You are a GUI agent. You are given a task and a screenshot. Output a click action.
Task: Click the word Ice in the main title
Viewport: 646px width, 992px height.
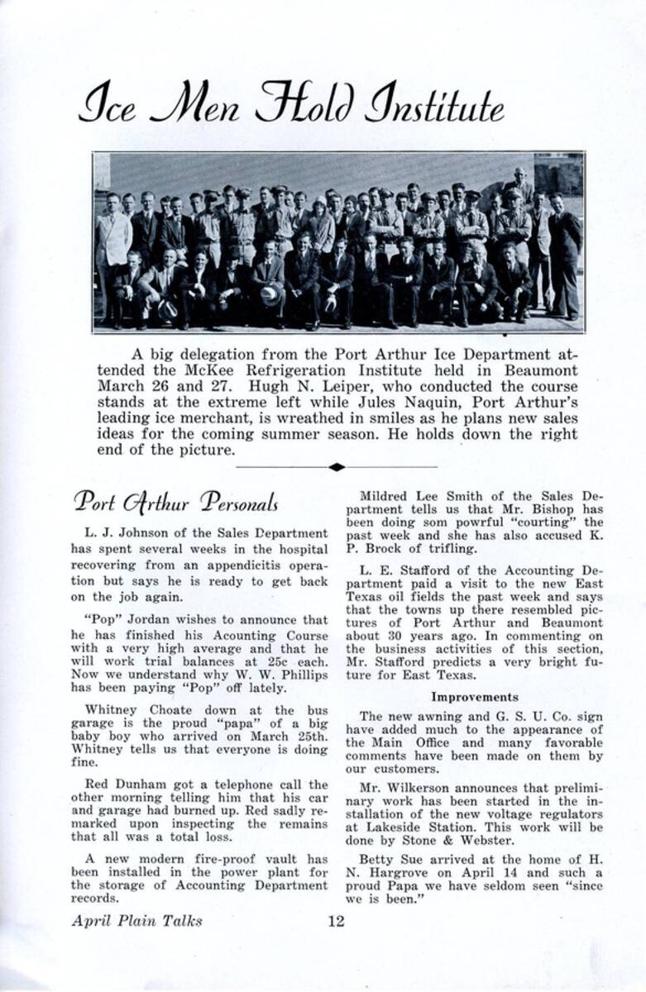108,106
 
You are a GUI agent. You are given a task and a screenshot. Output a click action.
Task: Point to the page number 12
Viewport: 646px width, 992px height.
335,921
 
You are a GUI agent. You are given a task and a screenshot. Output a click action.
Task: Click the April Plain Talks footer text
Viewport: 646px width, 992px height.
136,921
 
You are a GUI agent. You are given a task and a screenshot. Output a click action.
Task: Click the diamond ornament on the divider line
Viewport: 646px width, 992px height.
336,467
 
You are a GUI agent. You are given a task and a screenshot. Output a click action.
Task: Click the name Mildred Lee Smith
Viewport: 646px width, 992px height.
415,496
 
